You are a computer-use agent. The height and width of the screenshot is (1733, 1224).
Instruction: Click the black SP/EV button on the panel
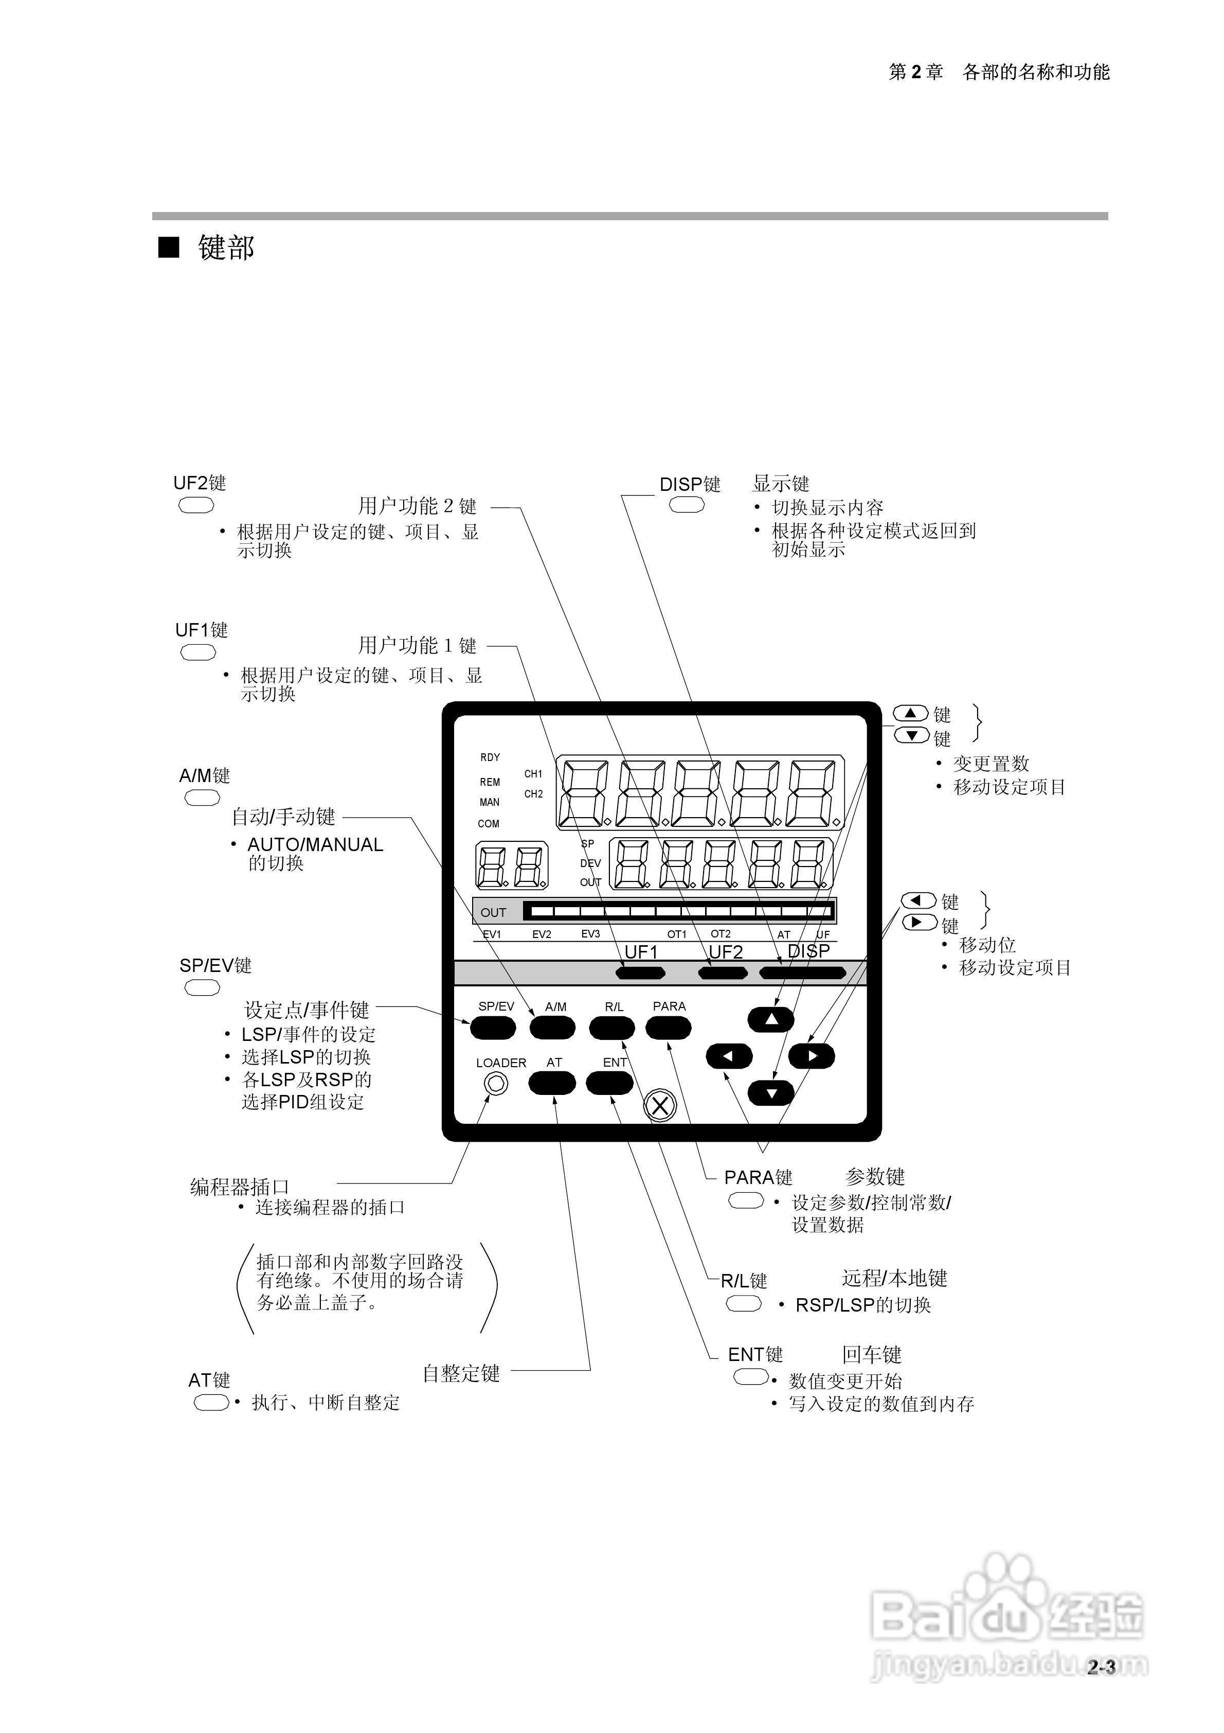pos(493,1027)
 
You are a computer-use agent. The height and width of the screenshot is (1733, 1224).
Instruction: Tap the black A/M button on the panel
pos(552,1027)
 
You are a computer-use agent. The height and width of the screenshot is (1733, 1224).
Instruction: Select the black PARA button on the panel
pos(669,1027)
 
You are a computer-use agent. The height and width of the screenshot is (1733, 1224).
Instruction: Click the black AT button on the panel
pos(552,1084)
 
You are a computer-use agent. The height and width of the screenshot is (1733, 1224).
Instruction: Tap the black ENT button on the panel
pos(610,1084)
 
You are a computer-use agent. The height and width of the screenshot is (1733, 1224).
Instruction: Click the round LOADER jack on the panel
pos(496,1084)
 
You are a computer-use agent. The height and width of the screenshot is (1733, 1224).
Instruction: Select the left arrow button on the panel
pos(729,1056)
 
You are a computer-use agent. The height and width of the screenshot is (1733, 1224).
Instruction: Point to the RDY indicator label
pos(490,757)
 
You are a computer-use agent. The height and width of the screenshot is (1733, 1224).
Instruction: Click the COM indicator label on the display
pos(488,823)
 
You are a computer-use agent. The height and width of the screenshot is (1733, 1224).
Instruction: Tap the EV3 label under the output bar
pos(590,934)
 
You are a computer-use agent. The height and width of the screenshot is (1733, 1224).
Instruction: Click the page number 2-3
pos(1101,1667)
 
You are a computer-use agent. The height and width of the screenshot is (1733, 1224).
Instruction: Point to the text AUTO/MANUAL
pos(315,844)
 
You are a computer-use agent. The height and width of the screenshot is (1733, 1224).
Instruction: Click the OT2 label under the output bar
pos(721,934)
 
